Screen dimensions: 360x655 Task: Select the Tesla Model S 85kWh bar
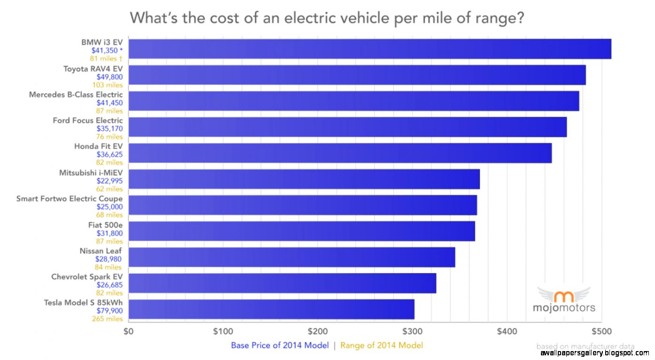(271, 309)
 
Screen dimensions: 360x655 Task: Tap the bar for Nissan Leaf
(292, 257)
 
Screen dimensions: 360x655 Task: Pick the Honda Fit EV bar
(340, 153)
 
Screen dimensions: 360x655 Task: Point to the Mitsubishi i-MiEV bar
(304, 179)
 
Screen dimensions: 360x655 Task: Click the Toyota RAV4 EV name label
(93, 69)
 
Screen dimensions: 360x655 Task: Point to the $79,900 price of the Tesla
(109, 311)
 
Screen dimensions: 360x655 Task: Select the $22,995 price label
(109, 181)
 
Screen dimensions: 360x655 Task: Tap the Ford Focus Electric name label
(87, 121)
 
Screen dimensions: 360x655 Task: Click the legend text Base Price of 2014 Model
(279, 346)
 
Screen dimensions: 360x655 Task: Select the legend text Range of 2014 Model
(381, 346)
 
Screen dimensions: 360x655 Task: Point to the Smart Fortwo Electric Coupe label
(69, 199)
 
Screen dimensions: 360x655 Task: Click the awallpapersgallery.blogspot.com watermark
(594, 352)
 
